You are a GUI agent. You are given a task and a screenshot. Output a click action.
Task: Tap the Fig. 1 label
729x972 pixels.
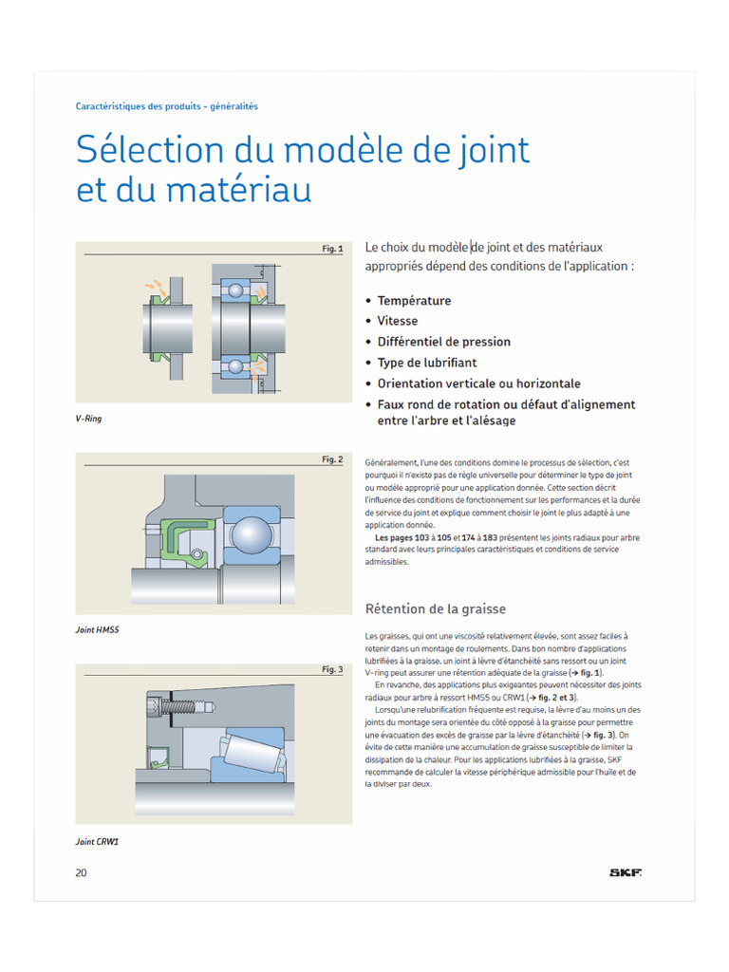pos(332,249)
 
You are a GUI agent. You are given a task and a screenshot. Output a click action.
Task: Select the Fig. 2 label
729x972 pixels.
pos(332,459)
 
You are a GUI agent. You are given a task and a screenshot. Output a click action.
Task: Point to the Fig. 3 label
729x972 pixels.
pos(332,669)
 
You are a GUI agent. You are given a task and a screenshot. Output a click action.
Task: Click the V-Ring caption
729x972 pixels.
pos(88,419)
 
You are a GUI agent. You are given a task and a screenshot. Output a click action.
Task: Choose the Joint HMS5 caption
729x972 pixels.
pos(97,629)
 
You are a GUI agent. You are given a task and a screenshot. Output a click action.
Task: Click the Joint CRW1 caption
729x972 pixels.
pos(97,841)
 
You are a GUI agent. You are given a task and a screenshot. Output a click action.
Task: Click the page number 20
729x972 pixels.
pos(82,873)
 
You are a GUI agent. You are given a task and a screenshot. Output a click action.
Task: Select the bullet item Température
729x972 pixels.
pos(414,301)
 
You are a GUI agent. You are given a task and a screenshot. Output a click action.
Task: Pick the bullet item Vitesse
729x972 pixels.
pos(397,321)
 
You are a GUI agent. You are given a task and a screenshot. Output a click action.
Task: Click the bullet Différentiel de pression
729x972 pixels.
pos(443,342)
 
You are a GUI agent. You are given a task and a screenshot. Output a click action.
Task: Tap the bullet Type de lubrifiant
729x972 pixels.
pos(426,363)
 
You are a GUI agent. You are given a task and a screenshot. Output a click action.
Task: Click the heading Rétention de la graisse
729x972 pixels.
pos(436,608)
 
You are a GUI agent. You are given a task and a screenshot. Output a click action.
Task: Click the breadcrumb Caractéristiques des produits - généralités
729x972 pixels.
pos(166,106)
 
